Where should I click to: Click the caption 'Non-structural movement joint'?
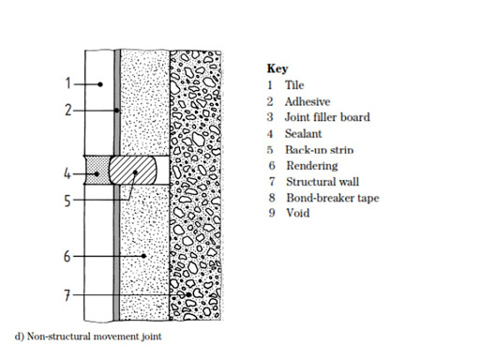(90, 336)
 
